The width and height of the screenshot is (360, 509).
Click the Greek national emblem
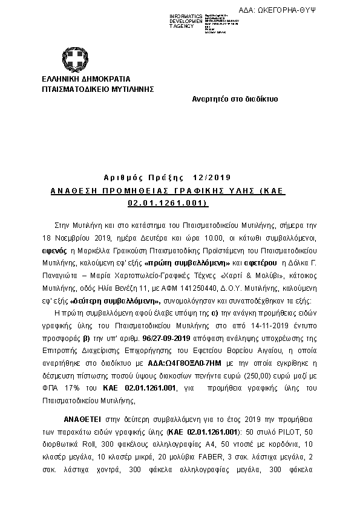tap(76, 57)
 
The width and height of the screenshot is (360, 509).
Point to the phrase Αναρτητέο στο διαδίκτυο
tap(235, 99)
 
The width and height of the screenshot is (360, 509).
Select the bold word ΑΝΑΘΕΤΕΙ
tap(83, 418)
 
